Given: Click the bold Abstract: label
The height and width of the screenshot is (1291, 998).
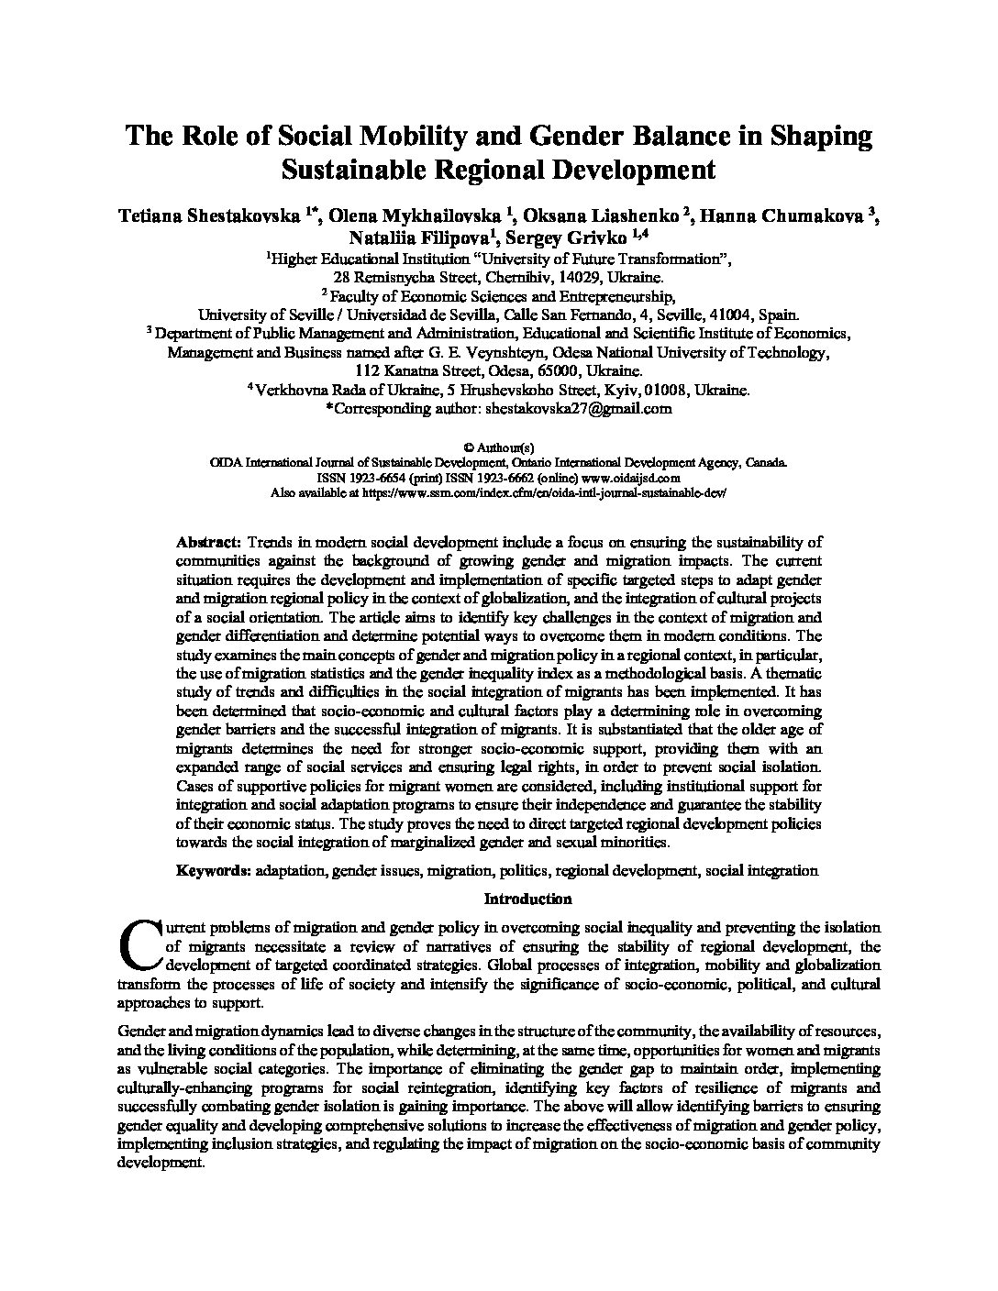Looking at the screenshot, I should click(209, 542).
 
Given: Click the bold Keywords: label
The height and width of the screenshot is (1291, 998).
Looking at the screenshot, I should click(214, 870).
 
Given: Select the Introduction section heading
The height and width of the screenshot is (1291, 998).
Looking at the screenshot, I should click(527, 898).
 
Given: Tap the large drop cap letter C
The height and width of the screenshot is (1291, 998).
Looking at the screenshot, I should click(139, 944).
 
